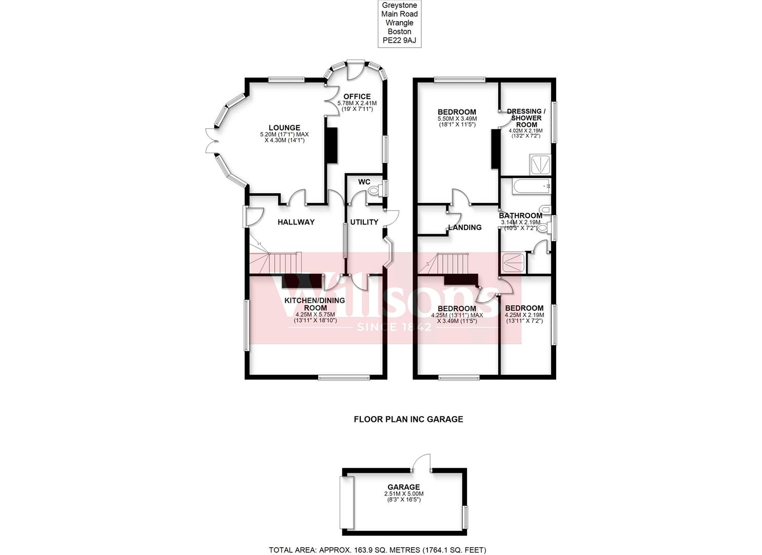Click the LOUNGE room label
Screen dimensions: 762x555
[284, 128]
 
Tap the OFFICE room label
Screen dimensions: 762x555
[357, 97]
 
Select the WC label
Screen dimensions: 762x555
[364, 182]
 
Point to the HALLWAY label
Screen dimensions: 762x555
[296, 222]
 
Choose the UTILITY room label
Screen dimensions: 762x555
[364, 222]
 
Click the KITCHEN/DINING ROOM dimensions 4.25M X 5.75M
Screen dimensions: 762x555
[315, 315]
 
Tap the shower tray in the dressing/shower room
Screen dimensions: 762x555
[540, 164]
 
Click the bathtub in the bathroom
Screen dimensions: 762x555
[532, 187]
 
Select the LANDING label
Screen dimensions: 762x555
[465, 228]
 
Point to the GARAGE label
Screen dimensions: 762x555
[404, 487]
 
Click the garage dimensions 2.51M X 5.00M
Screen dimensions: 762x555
[404, 494]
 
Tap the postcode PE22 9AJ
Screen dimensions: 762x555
[399, 40]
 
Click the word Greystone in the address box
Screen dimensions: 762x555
[399, 6]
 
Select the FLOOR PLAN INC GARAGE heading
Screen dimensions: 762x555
[408, 419]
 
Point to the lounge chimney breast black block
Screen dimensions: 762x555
[331, 145]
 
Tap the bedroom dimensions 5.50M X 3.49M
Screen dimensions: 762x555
[457, 119]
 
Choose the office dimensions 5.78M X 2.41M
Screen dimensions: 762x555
[357, 103]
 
